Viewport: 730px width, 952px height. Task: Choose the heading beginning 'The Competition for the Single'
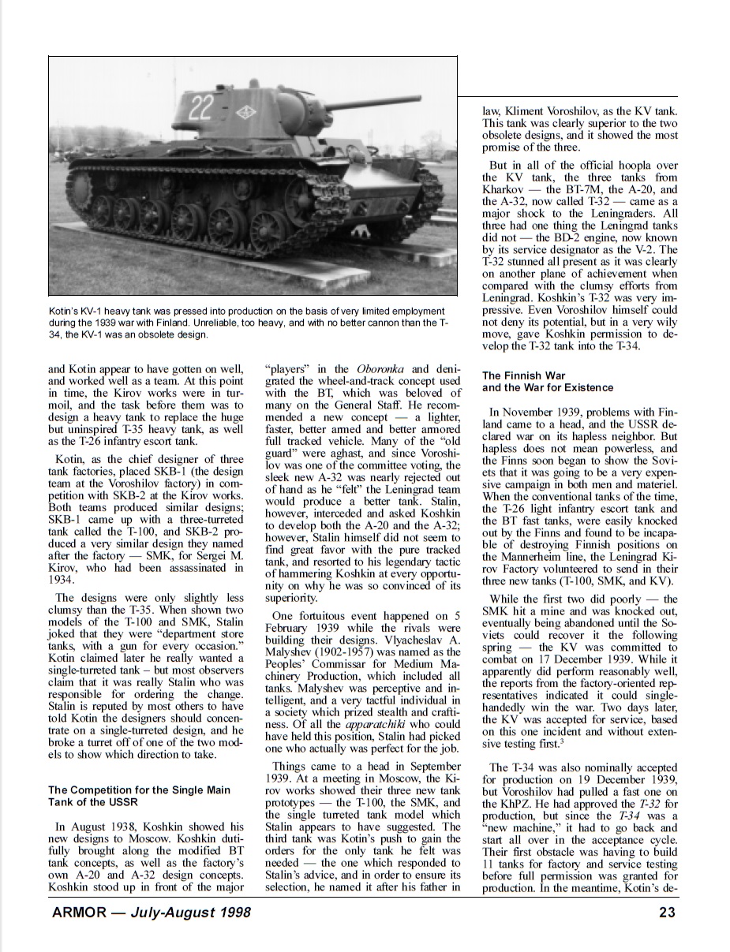pos(139,790)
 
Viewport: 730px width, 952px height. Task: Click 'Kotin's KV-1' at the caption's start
pos(79,312)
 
